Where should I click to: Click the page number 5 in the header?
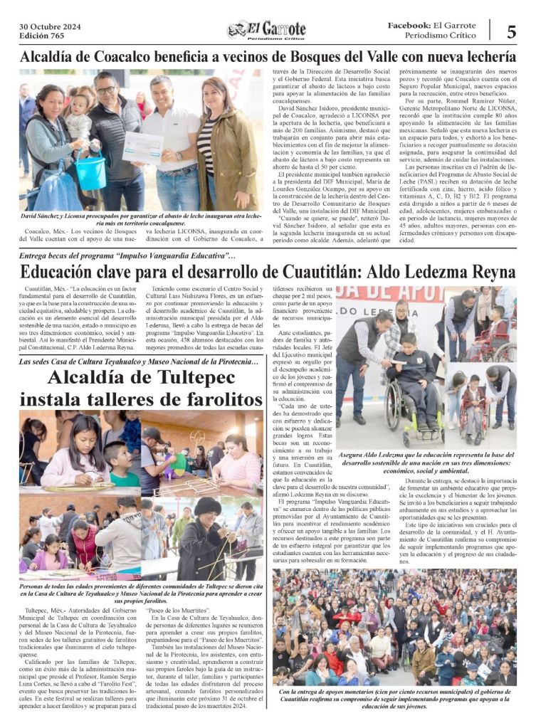511,31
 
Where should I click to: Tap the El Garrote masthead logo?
268,31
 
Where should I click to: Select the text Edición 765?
42,36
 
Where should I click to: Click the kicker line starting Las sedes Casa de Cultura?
139,362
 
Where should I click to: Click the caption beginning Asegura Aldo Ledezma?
425,463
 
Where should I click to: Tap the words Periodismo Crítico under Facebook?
441,36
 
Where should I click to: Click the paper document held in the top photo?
142,144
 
